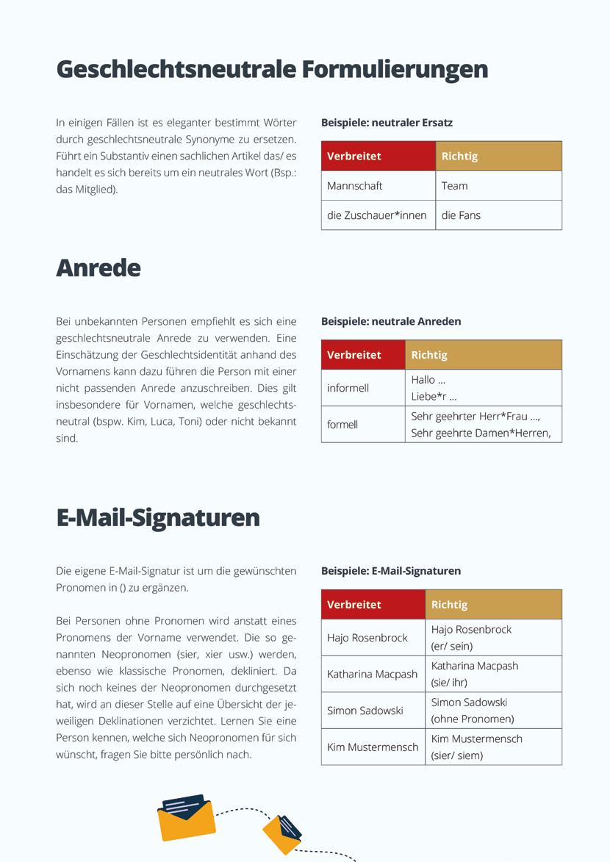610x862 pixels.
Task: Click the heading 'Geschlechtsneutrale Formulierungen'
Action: [x=272, y=69]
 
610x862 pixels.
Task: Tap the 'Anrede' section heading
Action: [x=98, y=267]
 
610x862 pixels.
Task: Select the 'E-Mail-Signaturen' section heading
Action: [x=158, y=517]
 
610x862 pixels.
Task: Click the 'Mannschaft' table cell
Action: [x=355, y=186]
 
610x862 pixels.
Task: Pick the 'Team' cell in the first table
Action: [x=455, y=186]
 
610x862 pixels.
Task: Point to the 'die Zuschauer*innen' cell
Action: [x=377, y=215]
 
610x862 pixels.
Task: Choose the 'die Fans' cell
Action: [x=461, y=215]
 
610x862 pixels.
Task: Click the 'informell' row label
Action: [x=348, y=388]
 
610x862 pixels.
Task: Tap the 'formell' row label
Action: [x=342, y=425]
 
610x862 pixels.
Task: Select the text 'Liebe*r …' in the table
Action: [x=434, y=397]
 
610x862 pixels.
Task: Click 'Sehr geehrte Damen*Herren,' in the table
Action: [x=481, y=433]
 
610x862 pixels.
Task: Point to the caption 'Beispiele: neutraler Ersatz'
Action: [x=387, y=123]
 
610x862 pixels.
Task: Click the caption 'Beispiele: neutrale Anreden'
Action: [x=391, y=321]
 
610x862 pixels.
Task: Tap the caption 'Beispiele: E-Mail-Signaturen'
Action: [x=391, y=571]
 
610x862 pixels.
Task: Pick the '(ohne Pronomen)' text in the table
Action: [x=473, y=719]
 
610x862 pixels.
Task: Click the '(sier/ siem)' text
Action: [x=457, y=755]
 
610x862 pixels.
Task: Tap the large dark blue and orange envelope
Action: [x=186, y=816]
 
